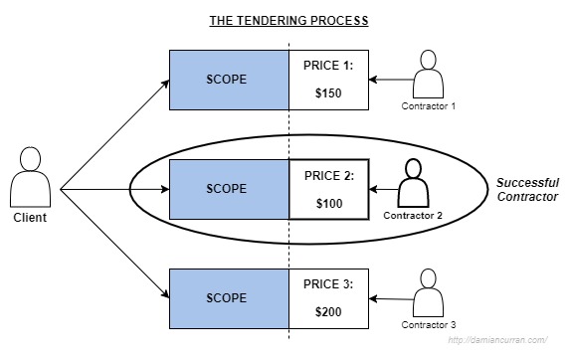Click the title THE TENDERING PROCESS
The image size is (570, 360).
(x=288, y=20)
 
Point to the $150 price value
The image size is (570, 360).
(x=328, y=91)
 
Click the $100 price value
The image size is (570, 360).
(x=328, y=202)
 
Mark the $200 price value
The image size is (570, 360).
(x=328, y=311)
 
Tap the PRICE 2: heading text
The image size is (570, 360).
(x=328, y=175)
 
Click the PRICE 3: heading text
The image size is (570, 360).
(x=328, y=284)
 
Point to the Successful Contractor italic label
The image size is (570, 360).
(x=526, y=190)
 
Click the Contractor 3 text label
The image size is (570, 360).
(x=429, y=325)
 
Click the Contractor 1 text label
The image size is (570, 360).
(x=429, y=106)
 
